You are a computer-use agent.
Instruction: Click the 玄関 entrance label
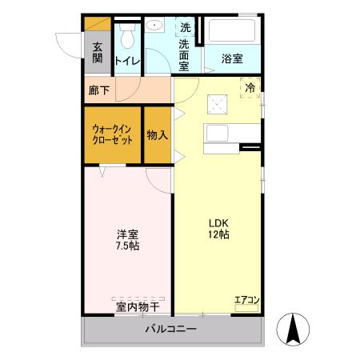(98, 52)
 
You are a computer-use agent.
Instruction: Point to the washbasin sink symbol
(158, 26)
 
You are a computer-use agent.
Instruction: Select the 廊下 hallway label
(99, 90)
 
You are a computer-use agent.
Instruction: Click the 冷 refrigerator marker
(250, 87)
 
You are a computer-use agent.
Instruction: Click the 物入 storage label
(157, 134)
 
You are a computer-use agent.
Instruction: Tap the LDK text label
(219, 223)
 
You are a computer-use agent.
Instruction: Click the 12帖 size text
(219, 236)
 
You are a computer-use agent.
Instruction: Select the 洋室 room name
(127, 234)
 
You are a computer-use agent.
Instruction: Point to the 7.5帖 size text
(127, 247)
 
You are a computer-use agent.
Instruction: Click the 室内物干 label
(137, 306)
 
